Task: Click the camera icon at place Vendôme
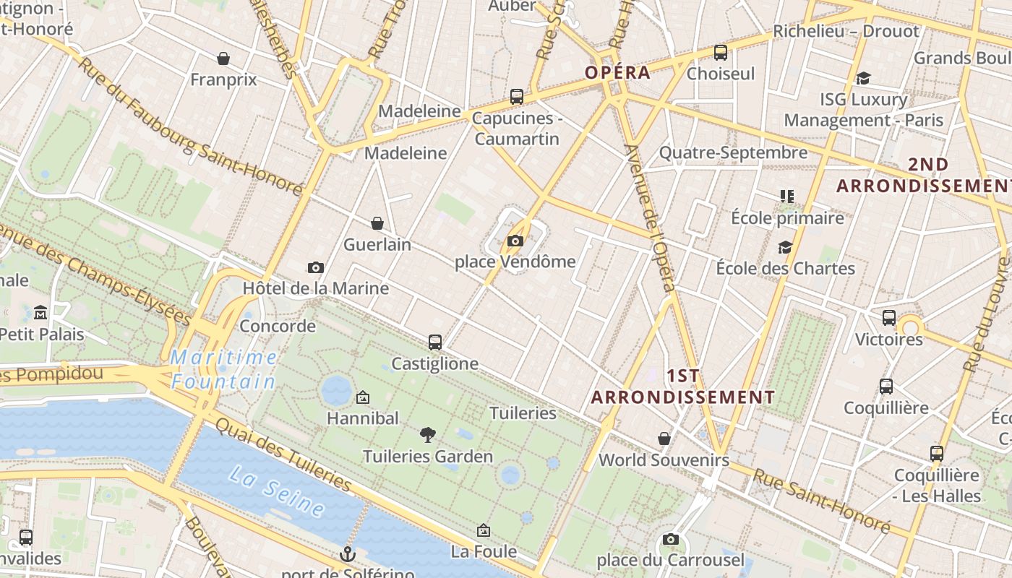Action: click(515, 241)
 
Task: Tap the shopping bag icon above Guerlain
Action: click(377, 223)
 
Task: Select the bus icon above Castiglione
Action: click(435, 342)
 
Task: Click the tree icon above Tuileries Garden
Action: click(428, 434)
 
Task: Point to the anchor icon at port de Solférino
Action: click(348, 554)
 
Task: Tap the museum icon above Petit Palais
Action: click(40, 313)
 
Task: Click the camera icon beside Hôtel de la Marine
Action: click(315, 268)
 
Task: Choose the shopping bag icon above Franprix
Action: click(223, 59)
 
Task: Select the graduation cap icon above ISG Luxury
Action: click(863, 78)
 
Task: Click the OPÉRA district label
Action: click(618, 73)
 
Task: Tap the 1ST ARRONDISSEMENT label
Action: click(683, 387)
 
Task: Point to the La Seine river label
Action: click(277, 491)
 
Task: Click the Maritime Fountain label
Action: click(224, 369)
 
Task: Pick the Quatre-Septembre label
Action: click(733, 152)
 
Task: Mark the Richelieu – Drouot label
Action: click(846, 31)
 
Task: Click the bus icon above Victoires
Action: click(889, 317)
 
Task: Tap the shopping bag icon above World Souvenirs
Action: click(664, 439)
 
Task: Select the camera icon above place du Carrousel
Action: click(671, 539)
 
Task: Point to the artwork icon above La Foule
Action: click(484, 531)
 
